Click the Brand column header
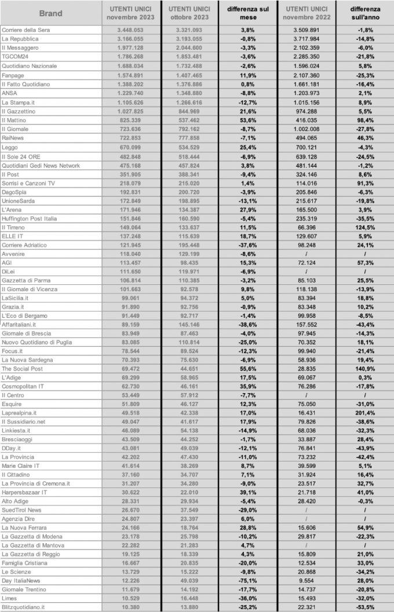pos(51,13)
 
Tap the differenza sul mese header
pos(247,13)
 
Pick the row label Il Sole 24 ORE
pos(22,156)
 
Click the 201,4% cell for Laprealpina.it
pos(364,413)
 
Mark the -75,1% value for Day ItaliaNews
pos(247,580)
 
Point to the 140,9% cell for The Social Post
pos(364,368)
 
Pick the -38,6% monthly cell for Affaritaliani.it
pos(247,325)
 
